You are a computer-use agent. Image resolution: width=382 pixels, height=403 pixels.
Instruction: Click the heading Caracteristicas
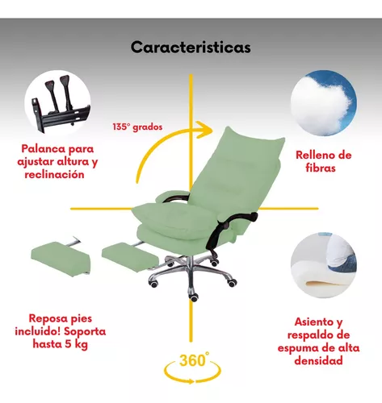(x=191, y=48)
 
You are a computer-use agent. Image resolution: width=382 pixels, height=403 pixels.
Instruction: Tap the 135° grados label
(x=137, y=127)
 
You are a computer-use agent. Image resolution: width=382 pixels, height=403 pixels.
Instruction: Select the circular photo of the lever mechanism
(x=57, y=103)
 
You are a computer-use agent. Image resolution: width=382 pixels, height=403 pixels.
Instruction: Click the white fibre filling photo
(x=324, y=103)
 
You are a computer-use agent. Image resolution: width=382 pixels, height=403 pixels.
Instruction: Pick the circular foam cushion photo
(x=324, y=265)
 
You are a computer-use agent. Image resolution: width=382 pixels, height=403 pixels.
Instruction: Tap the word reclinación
(x=54, y=174)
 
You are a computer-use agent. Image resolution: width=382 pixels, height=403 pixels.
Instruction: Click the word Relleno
(x=313, y=155)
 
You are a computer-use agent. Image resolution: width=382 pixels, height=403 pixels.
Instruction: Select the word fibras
(x=321, y=168)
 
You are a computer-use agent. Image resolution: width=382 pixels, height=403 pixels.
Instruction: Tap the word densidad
(x=318, y=360)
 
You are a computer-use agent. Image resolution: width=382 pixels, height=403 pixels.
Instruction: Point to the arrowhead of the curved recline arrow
(x=205, y=130)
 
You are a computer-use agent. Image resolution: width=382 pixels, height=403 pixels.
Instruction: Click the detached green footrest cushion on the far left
(x=61, y=257)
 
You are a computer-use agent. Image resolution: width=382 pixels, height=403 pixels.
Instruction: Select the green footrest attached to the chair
(x=130, y=257)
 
